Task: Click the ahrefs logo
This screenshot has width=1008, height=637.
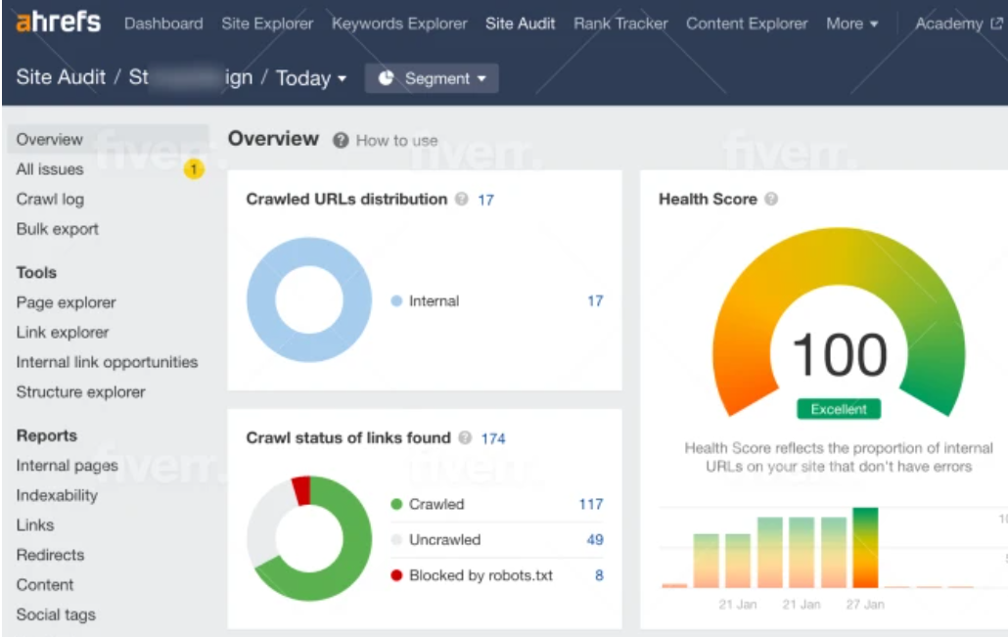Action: point(58,22)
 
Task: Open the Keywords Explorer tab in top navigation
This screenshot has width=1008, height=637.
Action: point(399,23)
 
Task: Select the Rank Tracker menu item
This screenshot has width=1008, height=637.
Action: point(620,23)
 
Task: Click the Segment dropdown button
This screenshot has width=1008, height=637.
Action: point(432,78)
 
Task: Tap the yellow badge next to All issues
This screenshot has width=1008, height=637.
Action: point(194,170)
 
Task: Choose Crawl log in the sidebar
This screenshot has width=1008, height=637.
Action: point(50,199)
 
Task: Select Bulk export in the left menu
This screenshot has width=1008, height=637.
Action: point(57,229)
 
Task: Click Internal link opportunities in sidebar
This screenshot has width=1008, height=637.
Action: point(107,362)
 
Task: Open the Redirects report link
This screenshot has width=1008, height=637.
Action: point(50,555)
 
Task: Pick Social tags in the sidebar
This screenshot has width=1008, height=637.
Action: point(56,614)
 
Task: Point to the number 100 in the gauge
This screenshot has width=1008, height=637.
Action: point(839,355)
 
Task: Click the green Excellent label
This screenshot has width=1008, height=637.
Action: point(838,409)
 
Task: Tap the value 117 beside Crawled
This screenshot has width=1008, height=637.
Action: point(590,504)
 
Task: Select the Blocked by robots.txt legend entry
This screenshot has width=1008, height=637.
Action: point(480,575)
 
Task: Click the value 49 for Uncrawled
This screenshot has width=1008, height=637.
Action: point(594,539)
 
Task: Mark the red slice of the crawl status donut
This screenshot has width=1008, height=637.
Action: point(302,489)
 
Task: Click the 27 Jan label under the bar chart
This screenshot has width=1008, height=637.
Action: point(865,605)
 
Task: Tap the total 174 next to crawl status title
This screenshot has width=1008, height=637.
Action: point(493,438)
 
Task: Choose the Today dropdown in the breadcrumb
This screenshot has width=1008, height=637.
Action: point(311,78)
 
